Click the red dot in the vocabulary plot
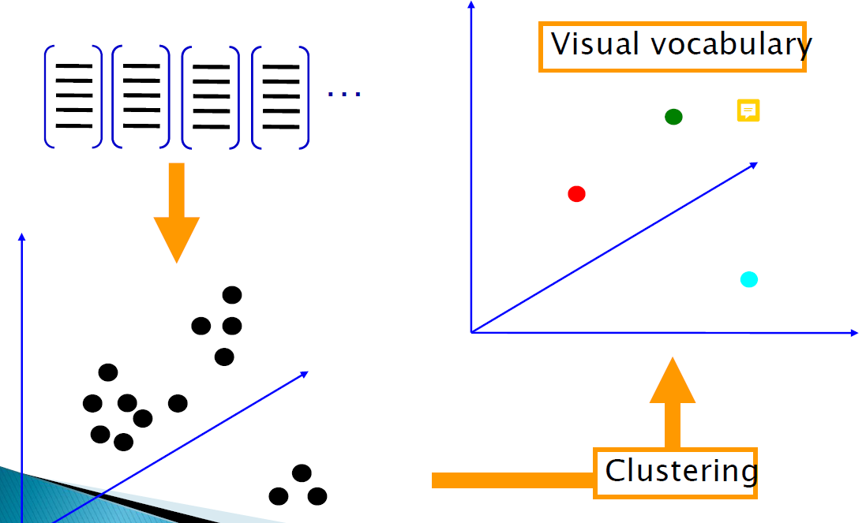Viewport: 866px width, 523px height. [x=576, y=193]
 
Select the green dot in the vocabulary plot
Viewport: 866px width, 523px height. [x=673, y=117]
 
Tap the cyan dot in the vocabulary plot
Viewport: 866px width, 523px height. [x=749, y=279]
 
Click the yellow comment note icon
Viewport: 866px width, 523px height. [x=748, y=110]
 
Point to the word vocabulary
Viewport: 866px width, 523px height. [x=731, y=45]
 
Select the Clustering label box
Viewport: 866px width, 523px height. [x=676, y=473]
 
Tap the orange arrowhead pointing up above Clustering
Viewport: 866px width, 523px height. [x=673, y=383]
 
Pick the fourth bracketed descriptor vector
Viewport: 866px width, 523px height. [x=280, y=96]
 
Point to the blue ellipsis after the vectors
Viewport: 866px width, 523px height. [x=344, y=94]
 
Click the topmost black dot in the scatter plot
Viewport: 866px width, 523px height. [x=231, y=295]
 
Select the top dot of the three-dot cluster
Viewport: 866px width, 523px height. [x=302, y=473]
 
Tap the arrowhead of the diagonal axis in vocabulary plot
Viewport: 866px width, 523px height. [x=754, y=164]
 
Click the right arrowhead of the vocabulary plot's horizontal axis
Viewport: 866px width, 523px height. [x=853, y=333]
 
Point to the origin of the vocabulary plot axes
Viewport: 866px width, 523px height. [x=471, y=332]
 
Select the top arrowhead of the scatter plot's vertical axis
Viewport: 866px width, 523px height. [x=22, y=237]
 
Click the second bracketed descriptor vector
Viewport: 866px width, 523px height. [x=141, y=96]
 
